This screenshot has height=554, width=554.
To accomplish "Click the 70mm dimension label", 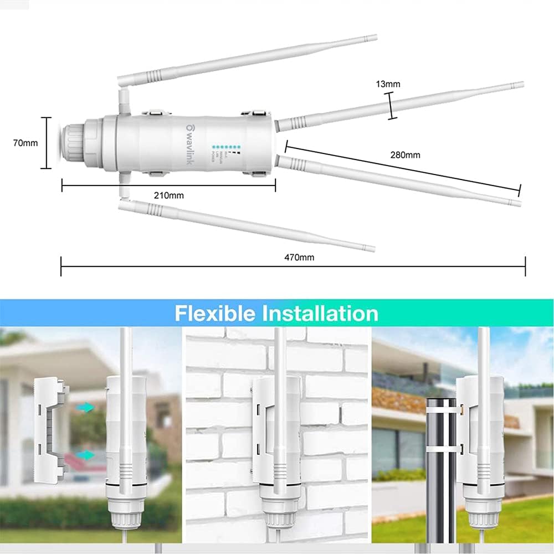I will (25, 143).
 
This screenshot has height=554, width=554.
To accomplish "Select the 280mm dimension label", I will (405, 155).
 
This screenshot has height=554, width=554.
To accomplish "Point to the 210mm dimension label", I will (168, 195).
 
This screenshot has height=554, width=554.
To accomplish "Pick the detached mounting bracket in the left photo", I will (52, 426).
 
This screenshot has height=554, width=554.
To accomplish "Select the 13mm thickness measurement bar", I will (392, 106).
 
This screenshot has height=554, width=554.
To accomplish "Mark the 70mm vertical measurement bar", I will (48, 142).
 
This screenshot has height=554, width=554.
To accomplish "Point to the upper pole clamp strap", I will (443, 408).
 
